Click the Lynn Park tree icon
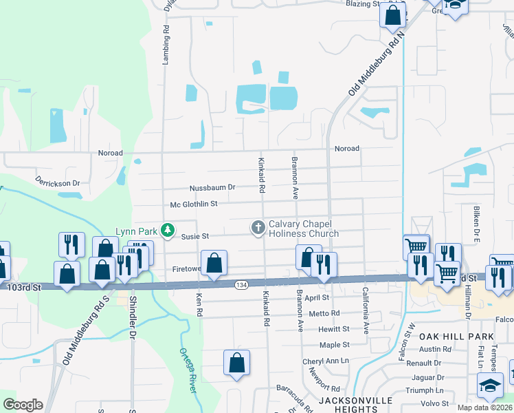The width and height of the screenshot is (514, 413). pyautogui.click(x=167, y=229)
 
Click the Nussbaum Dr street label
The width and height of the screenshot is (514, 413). pyautogui.click(x=212, y=187)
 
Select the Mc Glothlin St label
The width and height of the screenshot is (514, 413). pyautogui.click(x=194, y=204)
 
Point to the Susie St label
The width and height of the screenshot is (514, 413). pyautogui.click(x=194, y=236)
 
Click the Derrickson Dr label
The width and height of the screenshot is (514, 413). pyautogui.click(x=58, y=184)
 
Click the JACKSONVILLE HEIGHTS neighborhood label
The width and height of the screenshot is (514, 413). pyautogui.click(x=355, y=405)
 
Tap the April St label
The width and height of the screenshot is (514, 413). pyautogui.click(x=317, y=298)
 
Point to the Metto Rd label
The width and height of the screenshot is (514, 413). pyautogui.click(x=325, y=313)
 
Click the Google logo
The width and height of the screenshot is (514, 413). pyautogui.click(x=23, y=404)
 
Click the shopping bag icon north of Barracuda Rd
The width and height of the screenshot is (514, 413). pyautogui.click(x=236, y=362)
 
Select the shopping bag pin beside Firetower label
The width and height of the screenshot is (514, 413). pyautogui.click(x=214, y=263)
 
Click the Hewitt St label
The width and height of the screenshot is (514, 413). pyautogui.click(x=334, y=329)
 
